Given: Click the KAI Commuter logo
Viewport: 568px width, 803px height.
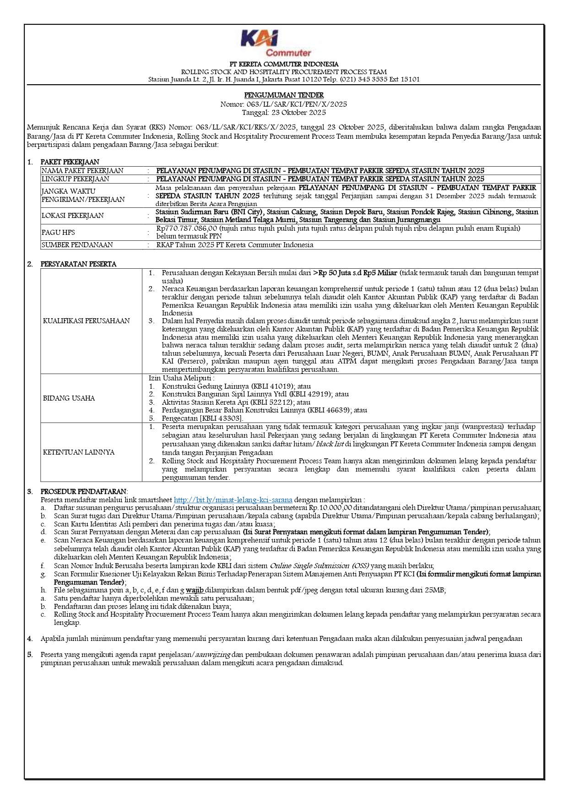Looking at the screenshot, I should (276, 43).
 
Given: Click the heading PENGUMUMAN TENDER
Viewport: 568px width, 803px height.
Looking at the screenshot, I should (284, 95).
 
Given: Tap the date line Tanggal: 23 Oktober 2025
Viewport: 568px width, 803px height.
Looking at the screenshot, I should (284, 112).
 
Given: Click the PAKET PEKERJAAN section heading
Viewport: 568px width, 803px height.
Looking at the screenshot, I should (70, 162).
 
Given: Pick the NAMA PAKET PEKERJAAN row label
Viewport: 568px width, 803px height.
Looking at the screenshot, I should (82, 171).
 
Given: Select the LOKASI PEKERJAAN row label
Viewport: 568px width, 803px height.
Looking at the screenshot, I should (73, 215).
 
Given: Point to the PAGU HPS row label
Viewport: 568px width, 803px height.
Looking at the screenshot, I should (58, 232).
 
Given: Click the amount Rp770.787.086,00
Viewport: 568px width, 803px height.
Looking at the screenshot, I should (187, 228).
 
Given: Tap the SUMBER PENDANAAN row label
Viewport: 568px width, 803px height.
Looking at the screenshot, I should (77, 245).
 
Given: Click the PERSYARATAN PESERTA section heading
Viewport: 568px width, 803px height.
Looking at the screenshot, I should (78, 264).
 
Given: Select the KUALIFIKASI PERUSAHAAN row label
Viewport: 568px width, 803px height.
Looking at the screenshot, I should (87, 321).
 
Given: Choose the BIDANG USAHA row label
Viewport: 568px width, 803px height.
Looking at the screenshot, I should (69, 398).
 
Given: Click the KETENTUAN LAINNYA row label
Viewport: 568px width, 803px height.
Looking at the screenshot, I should (79, 452).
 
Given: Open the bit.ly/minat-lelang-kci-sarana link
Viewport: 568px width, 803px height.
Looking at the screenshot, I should (233, 500).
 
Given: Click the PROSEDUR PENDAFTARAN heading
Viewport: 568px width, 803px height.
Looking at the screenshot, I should (84, 491).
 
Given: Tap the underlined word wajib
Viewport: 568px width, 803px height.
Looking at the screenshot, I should (195, 590).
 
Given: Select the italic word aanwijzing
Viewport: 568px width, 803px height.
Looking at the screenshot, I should (213, 655).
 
